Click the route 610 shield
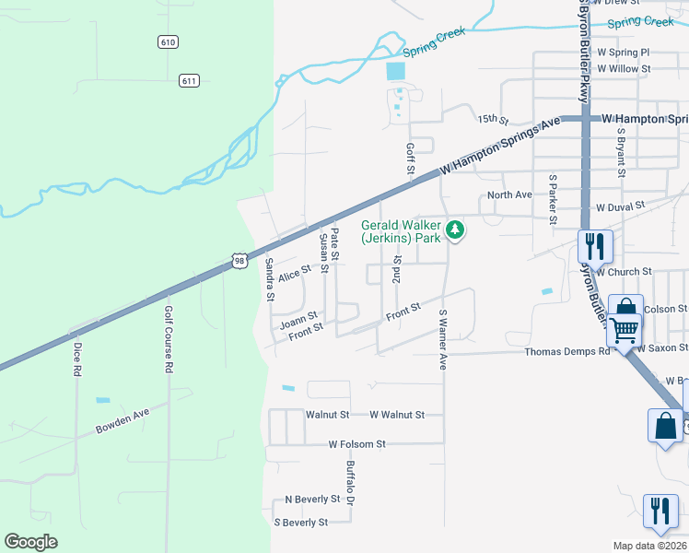[167, 42]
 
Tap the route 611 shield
[189, 80]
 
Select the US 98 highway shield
[239, 262]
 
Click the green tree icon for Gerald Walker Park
[454, 229]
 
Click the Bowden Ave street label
[123, 429]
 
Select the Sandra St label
[270, 279]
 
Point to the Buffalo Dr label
[350, 484]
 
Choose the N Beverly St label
[312, 499]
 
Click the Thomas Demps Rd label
[567, 351]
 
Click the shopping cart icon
[625, 329]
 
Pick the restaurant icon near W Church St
[594, 247]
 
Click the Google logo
[31, 542]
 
